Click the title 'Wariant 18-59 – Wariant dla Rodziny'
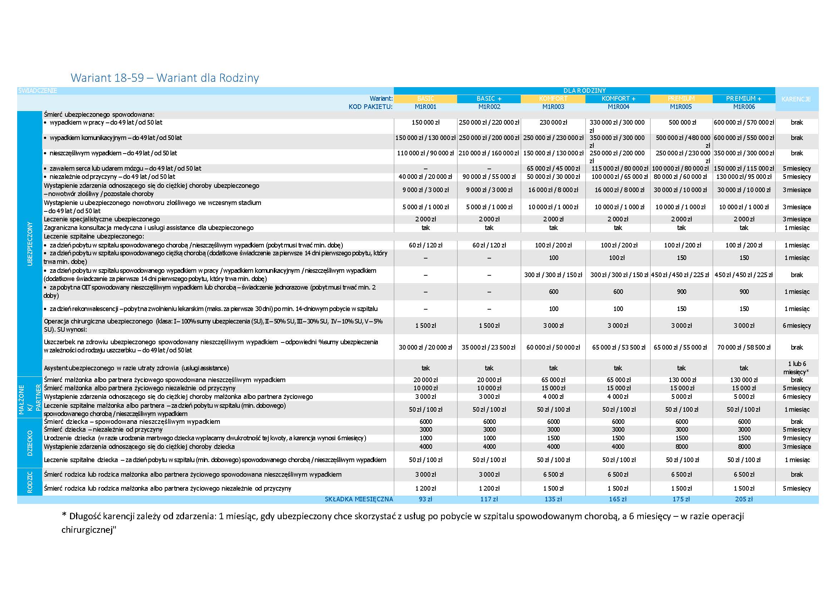coord(165,77)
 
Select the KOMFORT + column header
coord(618,99)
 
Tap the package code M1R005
coord(681,107)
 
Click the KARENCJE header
coord(796,99)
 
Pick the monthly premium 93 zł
coord(425,499)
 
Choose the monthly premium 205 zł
coord(743,499)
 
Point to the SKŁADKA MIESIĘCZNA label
coord(358,499)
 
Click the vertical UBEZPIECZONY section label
coord(30,244)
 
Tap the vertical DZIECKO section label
coord(30,443)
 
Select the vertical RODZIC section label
coord(30,482)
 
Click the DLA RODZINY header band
coord(584,91)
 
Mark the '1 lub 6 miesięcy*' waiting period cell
coord(797,367)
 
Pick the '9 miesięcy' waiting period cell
coord(797,438)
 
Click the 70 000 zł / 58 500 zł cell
coord(743,347)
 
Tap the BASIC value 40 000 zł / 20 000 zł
coord(425,176)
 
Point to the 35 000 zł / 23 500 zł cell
coord(489,347)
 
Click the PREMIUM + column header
coord(743,99)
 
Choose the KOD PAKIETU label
coord(370,107)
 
